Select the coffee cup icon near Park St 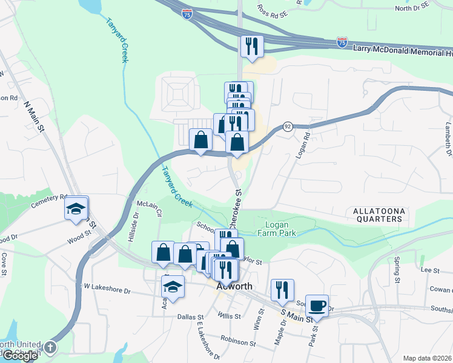click(317, 306)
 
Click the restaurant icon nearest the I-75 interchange click(251, 46)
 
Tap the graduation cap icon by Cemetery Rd click(76, 209)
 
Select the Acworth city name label click(234, 287)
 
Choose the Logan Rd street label click(302, 145)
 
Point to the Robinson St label click(238, 342)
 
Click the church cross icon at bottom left click(50, 347)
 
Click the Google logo click(20, 356)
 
